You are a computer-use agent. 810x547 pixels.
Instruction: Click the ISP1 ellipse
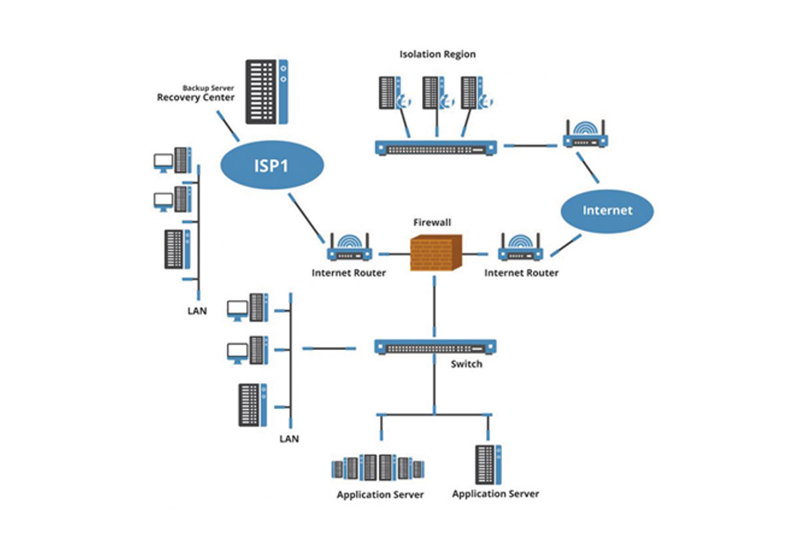pos(272,165)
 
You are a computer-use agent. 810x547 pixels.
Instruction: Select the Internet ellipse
pos(607,211)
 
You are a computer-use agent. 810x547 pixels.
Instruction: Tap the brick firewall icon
pos(435,252)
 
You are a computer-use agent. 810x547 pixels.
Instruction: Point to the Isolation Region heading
pos(437,54)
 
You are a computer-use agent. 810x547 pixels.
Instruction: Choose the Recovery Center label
pos(195,97)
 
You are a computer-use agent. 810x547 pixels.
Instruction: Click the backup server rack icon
pos(266,91)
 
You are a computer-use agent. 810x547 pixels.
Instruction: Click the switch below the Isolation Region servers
pos(436,147)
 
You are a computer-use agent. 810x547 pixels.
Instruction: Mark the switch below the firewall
pos(435,347)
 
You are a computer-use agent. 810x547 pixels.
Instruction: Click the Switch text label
pos(466,364)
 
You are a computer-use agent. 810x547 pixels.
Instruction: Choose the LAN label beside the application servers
pos(289,438)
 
